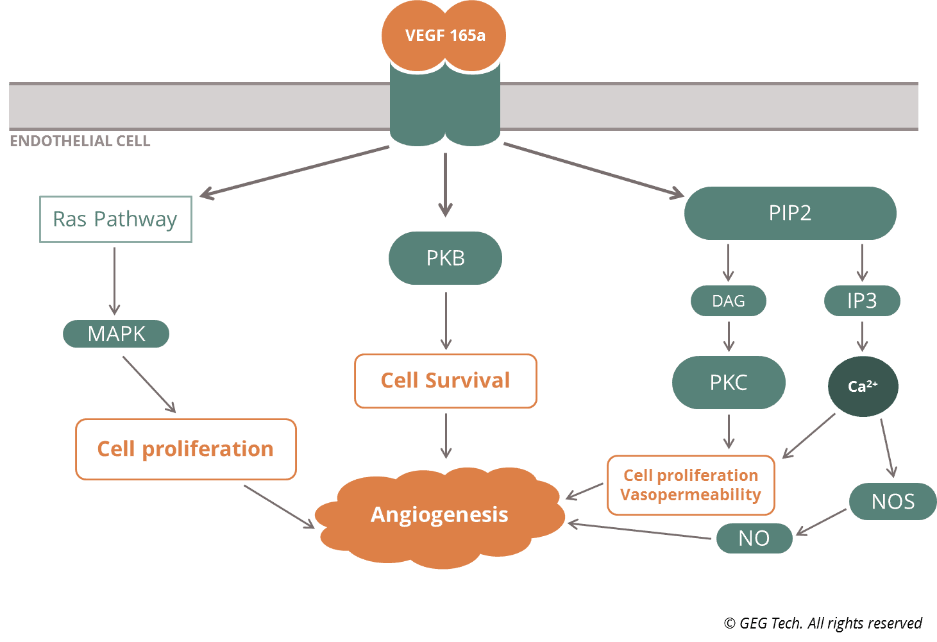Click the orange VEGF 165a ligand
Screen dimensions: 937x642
(444, 35)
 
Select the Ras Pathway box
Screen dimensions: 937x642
(116, 219)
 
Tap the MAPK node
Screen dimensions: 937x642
(116, 334)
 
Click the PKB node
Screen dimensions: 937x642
(446, 258)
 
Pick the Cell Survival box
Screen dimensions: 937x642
(446, 380)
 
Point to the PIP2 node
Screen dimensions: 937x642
(790, 213)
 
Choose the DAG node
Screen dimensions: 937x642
(729, 301)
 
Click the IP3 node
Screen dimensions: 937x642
(862, 301)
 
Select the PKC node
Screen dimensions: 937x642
(729, 382)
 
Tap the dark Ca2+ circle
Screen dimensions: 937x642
(863, 386)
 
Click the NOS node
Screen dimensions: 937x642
(893, 502)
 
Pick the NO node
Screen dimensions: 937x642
(754, 538)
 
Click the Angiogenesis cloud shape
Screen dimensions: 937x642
(439, 518)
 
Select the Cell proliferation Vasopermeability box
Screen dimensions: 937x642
(691, 485)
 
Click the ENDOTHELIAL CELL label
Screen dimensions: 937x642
(80, 141)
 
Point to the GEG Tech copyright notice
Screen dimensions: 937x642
(823, 623)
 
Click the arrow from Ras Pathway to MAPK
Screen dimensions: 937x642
(114, 281)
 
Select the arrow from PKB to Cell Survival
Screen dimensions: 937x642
(446, 321)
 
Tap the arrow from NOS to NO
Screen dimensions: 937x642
(821, 522)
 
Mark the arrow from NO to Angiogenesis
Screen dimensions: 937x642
(639, 530)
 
